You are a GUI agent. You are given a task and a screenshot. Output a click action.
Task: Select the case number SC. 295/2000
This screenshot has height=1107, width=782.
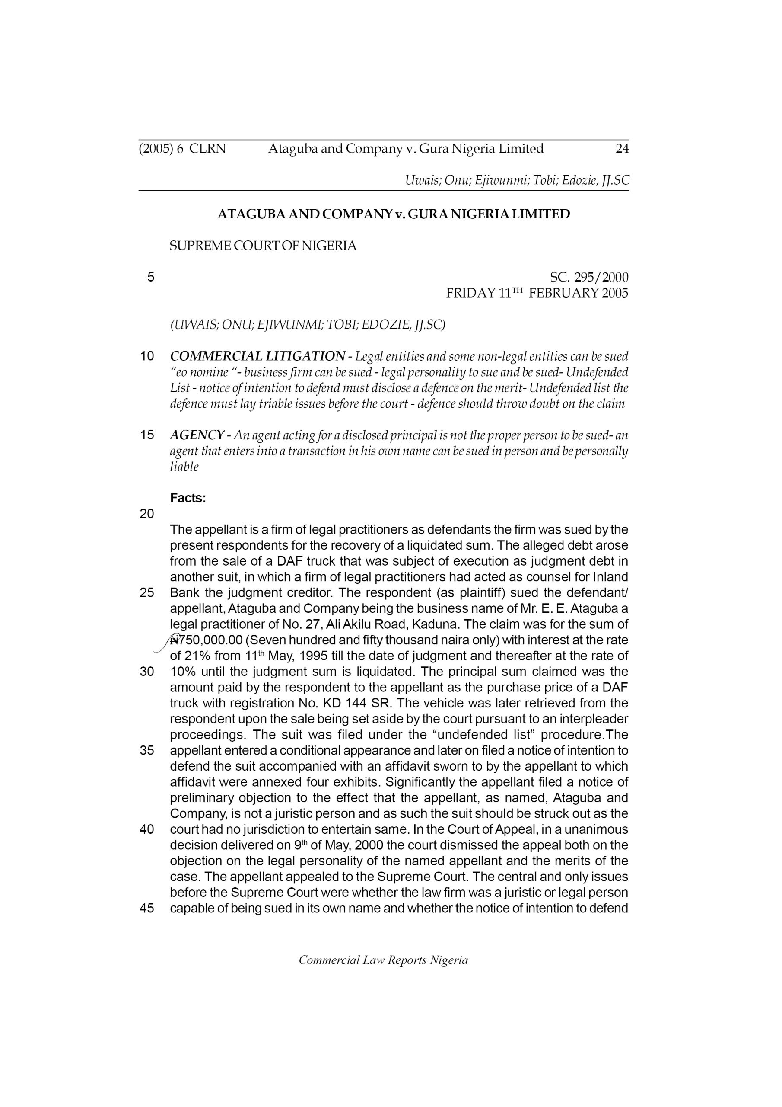[589, 277]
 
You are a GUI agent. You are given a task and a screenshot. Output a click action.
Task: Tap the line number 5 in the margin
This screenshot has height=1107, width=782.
[151, 277]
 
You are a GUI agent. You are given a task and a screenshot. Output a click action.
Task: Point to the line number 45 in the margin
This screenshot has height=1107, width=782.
[146, 909]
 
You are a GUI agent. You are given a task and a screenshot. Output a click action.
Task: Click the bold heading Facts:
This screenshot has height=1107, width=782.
[188, 498]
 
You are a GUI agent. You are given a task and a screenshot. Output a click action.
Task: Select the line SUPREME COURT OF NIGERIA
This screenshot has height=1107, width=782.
[263, 246]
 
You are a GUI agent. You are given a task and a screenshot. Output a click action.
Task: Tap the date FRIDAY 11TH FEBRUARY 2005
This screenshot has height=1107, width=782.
[537, 293]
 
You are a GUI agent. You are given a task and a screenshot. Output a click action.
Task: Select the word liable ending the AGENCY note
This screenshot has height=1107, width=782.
[184, 467]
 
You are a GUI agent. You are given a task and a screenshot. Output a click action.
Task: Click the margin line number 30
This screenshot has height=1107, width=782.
[146, 672]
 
